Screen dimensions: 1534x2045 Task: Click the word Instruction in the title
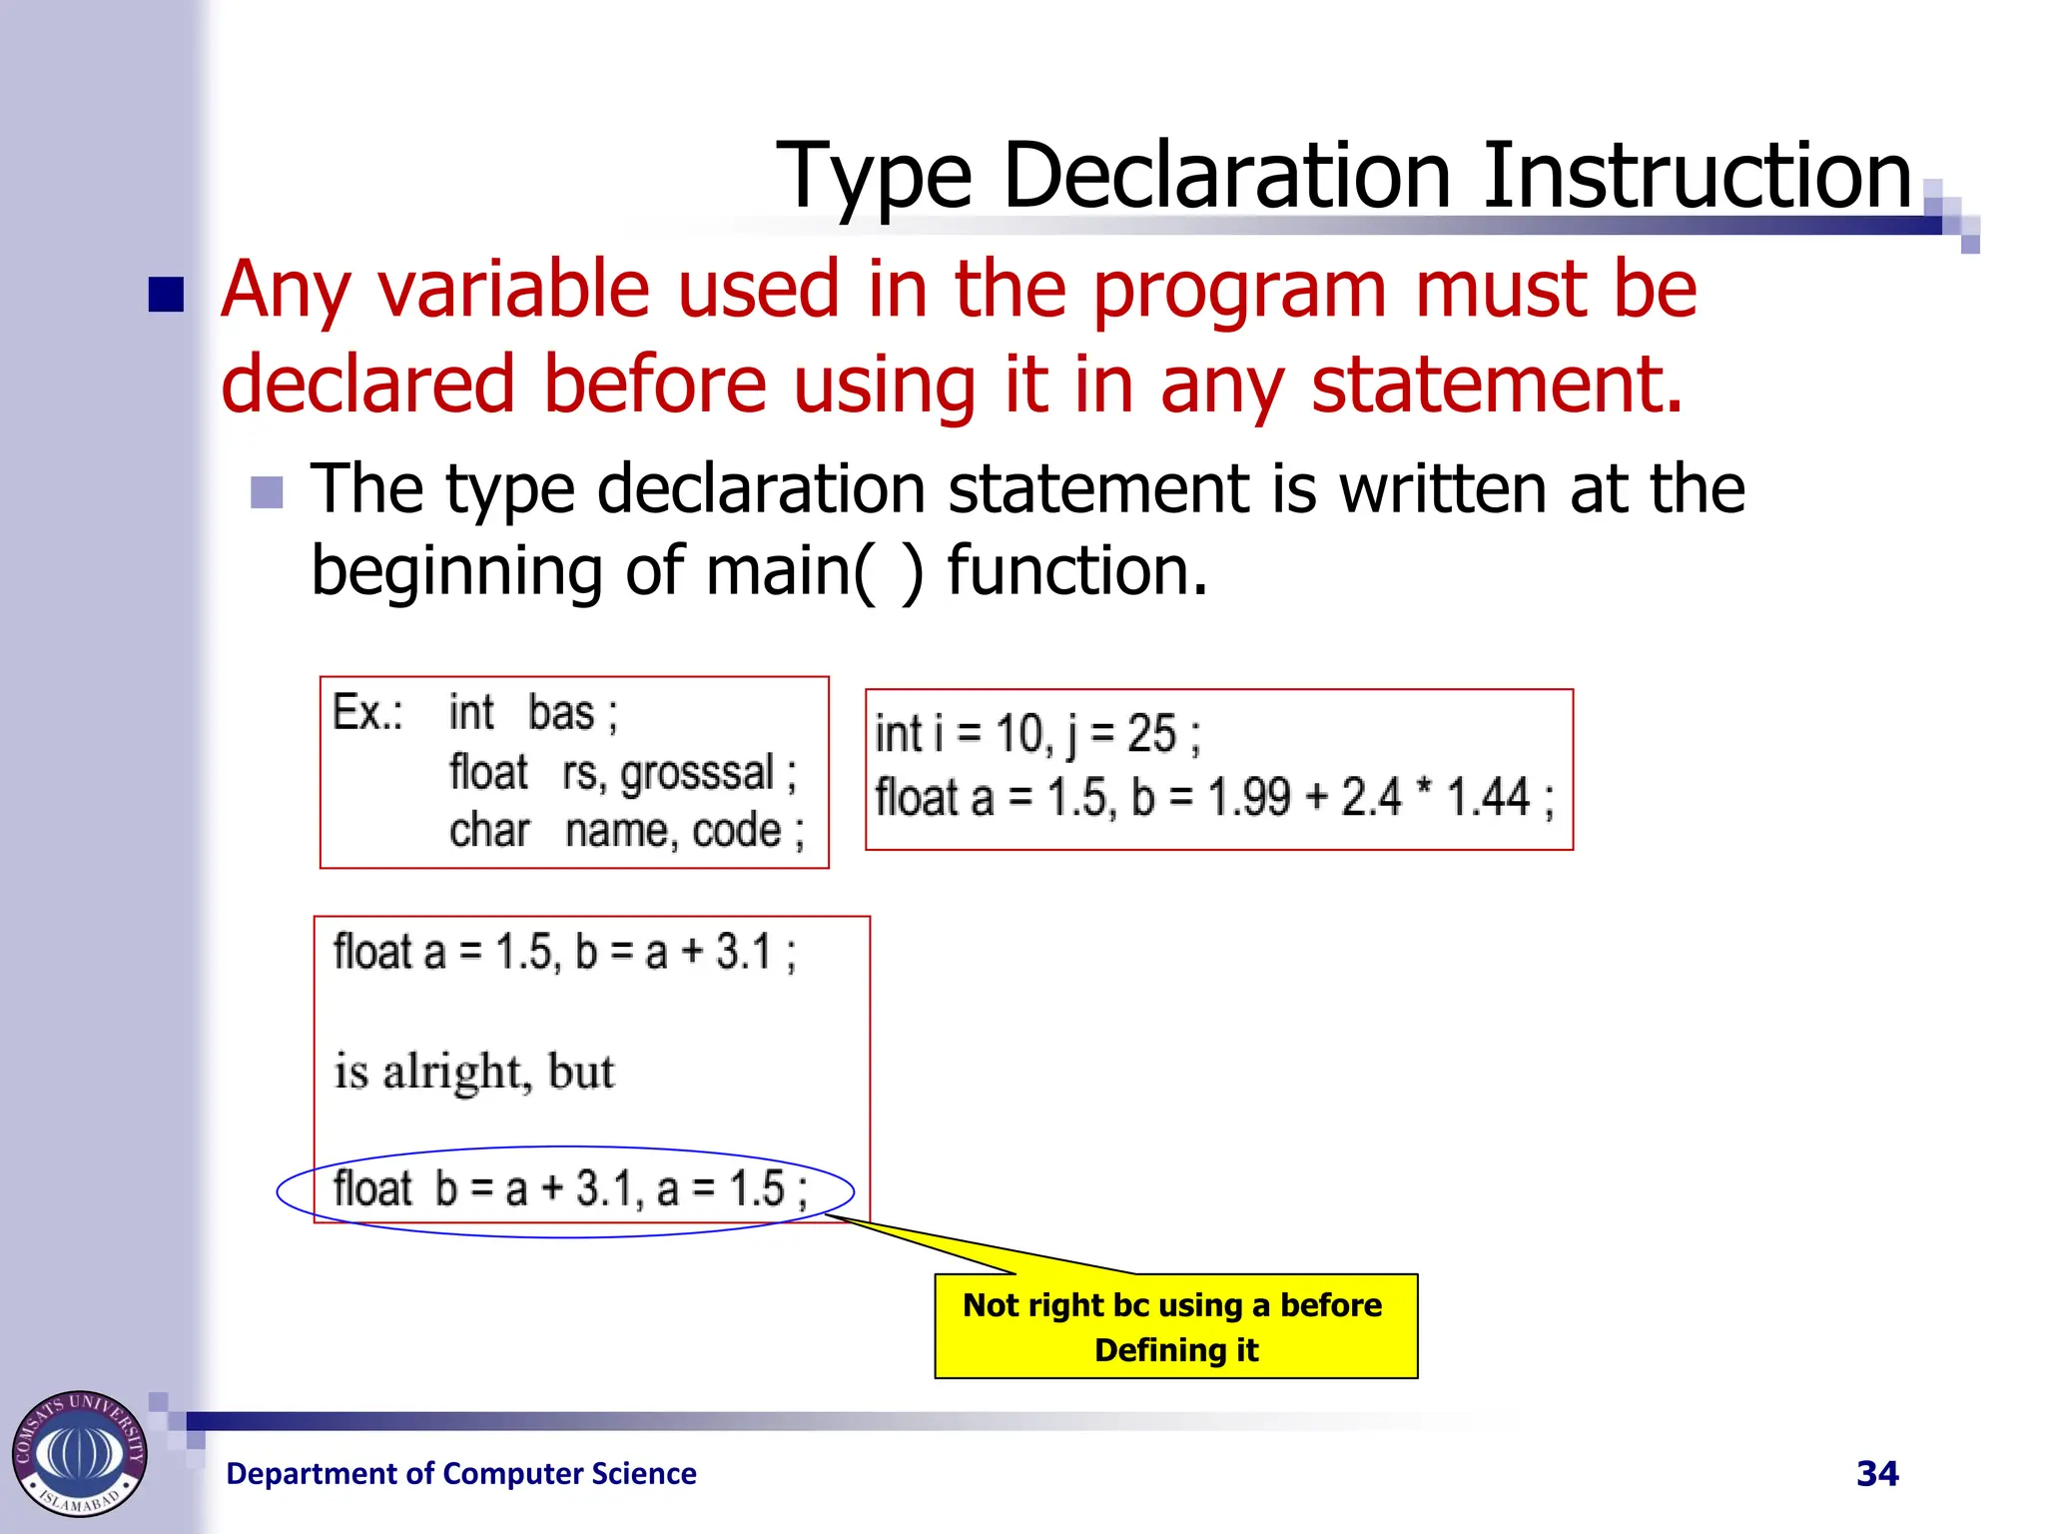[1695, 176]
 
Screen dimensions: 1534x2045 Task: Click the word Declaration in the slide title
[1226, 176]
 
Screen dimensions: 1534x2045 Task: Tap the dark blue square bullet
[166, 295]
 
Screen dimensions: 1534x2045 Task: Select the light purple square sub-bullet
[267, 492]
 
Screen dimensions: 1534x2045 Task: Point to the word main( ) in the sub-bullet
[814, 571]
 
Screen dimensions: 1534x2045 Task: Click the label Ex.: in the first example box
[366, 713]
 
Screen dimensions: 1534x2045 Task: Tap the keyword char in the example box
[488, 831]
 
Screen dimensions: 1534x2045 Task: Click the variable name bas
[561, 713]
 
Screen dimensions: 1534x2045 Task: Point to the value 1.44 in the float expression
[1487, 797]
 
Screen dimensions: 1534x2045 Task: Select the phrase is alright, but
[474, 1072]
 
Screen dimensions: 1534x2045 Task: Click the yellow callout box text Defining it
[1176, 1350]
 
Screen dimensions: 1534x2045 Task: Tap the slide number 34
[1876, 1473]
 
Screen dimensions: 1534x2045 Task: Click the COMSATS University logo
[80, 1453]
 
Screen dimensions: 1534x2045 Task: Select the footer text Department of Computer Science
[461, 1473]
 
